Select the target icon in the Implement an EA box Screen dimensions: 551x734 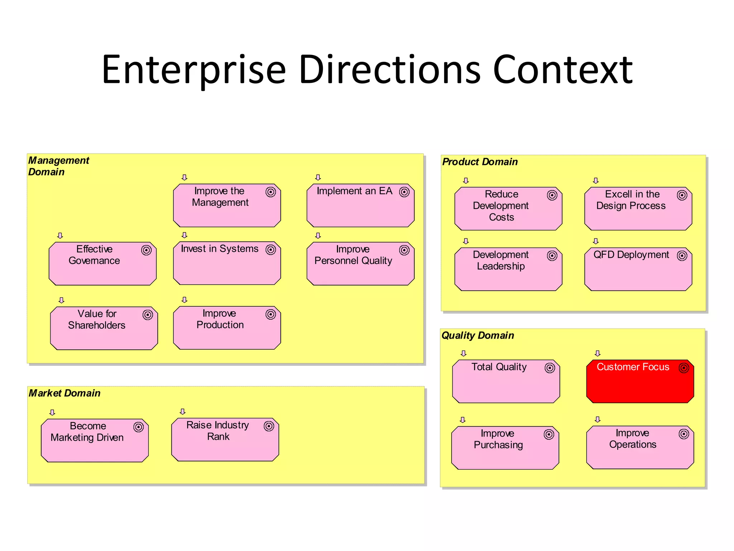coord(404,192)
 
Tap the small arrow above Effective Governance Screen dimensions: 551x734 coord(60,236)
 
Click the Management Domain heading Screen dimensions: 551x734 coord(58,166)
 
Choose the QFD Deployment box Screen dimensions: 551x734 coord(638,269)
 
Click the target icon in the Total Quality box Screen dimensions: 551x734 coord(549,368)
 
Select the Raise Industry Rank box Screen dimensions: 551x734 coord(225,439)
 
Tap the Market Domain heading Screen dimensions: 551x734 coord(65,393)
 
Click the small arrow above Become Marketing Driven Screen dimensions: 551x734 coord(52,413)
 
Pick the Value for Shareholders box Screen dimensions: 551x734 coord(104,328)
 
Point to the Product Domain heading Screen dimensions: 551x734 coord(480,162)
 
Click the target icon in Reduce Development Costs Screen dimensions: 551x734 coord(552,195)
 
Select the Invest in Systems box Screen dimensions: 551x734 coord(227,263)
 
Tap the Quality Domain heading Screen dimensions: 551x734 coord(478,335)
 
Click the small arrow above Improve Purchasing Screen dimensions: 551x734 coord(463,420)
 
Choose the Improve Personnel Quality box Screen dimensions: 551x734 coord(361,263)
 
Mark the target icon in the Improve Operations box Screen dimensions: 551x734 coord(684,434)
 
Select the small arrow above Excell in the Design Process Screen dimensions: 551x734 coord(596,180)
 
